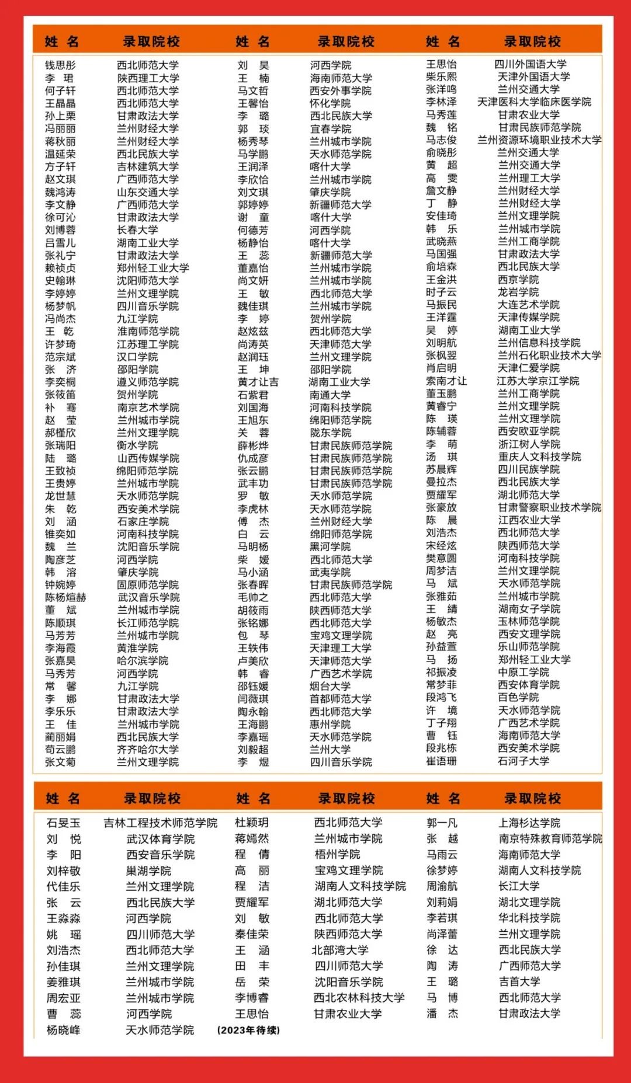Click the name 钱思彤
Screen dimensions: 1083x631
pos(60,65)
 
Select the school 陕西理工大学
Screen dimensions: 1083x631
pos(148,78)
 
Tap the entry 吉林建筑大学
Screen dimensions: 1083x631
pos(148,166)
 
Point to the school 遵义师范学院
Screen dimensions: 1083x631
pos(148,382)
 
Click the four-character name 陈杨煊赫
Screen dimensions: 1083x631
pos(65,597)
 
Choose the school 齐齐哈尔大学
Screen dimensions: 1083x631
pos(148,749)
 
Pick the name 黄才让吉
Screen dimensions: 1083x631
pos(258,382)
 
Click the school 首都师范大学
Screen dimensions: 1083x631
pos(341,699)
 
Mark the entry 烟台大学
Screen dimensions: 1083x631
pos(330,686)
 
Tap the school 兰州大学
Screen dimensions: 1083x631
pos(330,749)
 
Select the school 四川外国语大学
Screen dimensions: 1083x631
pos(531,64)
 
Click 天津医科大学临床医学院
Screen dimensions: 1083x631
pos(534,102)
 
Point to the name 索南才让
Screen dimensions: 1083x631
pos(446,381)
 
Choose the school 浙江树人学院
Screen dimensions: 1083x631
pos(529,444)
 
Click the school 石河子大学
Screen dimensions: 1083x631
pos(523,761)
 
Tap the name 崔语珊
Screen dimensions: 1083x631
pos(441,761)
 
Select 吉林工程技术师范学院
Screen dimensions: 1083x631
pos(161,823)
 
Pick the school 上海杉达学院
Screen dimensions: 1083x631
pos(529,823)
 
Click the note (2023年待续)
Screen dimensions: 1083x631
pos(248,1030)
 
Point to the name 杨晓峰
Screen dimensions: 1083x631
pos(64,1030)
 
